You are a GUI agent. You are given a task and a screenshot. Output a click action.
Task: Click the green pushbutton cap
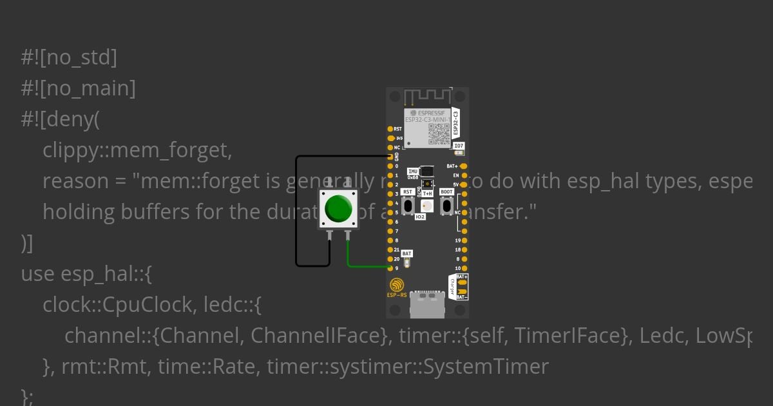click(x=338, y=208)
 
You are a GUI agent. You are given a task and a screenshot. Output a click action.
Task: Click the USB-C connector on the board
click(x=427, y=304)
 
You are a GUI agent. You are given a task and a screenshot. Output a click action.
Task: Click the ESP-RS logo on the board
click(x=397, y=287)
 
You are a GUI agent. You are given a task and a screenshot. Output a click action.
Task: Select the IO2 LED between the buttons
click(x=426, y=206)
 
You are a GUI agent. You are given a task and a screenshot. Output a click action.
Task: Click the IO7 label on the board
click(x=459, y=146)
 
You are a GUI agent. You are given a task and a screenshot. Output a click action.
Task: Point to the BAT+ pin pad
click(x=464, y=166)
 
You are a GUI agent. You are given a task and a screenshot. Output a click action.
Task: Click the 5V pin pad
click(x=464, y=184)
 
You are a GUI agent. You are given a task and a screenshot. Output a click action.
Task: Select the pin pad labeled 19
click(x=464, y=240)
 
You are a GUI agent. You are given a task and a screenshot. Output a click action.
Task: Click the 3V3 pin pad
click(x=390, y=138)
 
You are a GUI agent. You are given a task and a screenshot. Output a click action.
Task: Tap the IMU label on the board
click(x=412, y=169)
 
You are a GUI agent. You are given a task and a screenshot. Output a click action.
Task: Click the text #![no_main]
click(x=78, y=89)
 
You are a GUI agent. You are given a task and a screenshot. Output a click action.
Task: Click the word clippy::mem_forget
click(x=137, y=151)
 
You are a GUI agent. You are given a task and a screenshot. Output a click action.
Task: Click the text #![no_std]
click(x=69, y=58)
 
